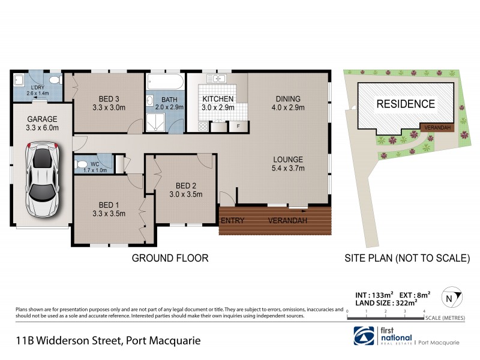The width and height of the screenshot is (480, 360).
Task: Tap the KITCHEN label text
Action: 217,98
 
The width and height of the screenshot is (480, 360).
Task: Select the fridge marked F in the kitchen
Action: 238,127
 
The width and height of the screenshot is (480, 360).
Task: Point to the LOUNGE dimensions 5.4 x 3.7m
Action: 289,168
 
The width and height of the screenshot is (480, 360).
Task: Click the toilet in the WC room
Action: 81,163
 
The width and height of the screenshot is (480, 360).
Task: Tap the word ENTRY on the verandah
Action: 232,221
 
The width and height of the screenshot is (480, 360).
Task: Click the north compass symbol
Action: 449,297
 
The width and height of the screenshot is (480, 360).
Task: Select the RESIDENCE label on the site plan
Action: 406,104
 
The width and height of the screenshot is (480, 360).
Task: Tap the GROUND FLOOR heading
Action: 170,258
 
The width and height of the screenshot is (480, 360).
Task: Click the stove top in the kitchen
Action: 202,127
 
